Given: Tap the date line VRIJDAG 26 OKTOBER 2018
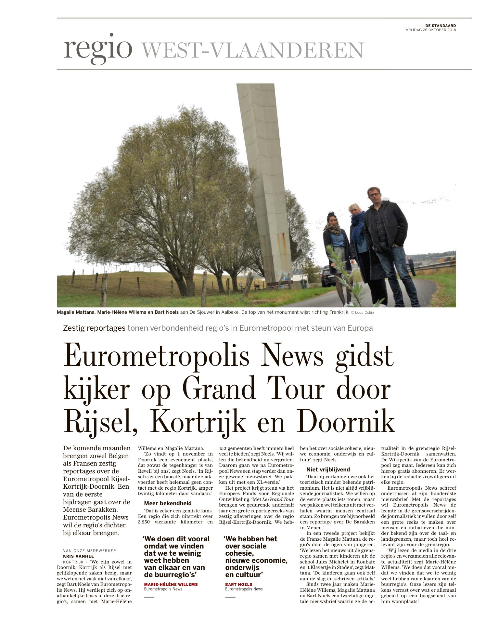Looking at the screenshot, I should click(431, 30).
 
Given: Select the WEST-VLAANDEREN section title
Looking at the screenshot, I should click(253, 50).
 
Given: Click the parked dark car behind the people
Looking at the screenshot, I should click(327, 277).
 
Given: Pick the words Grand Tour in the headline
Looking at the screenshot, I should click(253, 389).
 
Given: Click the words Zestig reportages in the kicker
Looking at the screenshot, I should click(94, 328).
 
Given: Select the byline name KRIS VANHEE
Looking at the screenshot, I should click(78, 556).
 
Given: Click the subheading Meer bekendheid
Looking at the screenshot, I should click(168, 503).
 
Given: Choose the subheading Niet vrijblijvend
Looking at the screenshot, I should click(328, 469).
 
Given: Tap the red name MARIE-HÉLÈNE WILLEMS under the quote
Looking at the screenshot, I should click(171, 584).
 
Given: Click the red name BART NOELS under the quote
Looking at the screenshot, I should click(238, 584).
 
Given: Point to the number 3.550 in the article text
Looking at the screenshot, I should click(144, 522).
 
